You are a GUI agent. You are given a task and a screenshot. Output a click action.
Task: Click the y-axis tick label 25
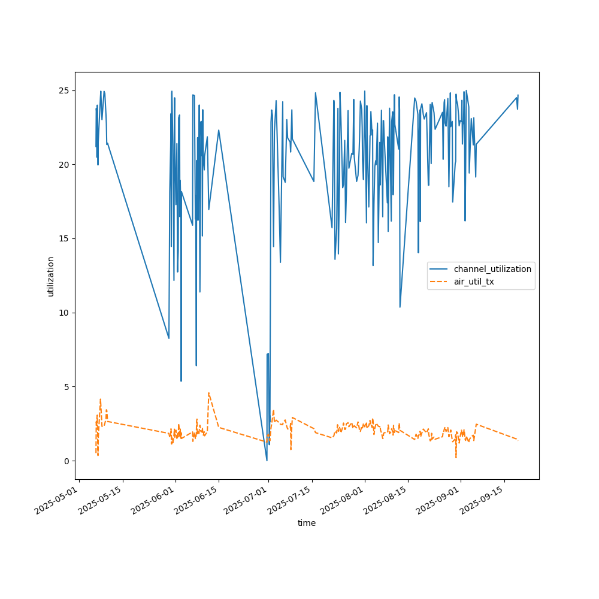point(63,90)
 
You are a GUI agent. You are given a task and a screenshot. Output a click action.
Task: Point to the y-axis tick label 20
point(63,165)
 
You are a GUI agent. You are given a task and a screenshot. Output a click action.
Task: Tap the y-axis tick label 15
point(63,238)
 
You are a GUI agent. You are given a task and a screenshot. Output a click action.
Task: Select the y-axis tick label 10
point(63,313)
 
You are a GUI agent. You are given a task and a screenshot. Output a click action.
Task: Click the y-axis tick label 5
point(65,386)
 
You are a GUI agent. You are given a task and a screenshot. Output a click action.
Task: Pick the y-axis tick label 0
point(65,461)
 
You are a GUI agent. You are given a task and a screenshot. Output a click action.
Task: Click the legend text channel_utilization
point(492,269)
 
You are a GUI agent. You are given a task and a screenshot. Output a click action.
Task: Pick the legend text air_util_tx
point(474,282)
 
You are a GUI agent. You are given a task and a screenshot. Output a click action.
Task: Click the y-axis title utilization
point(51,276)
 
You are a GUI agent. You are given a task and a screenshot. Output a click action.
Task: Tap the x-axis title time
point(307,523)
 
